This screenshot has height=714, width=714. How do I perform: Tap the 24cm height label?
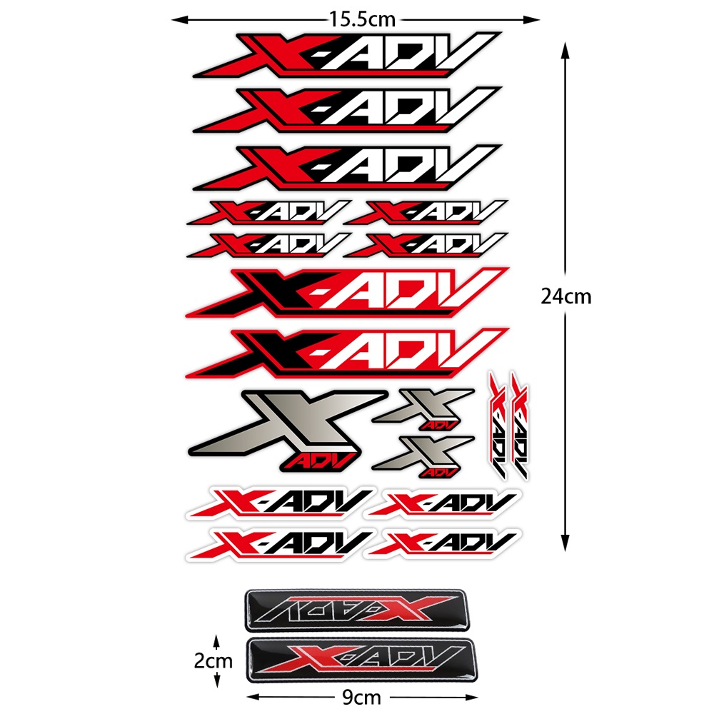[566, 296]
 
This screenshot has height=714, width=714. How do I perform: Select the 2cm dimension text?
[213, 661]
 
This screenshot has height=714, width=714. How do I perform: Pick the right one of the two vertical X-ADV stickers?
[519, 426]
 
